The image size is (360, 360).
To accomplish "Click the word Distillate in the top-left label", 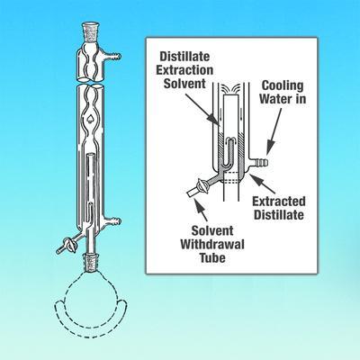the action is [184, 57].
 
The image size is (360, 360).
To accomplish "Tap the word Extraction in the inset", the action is [184, 70].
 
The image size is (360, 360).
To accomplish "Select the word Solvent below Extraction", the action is [184, 84].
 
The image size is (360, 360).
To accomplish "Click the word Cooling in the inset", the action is [283, 85].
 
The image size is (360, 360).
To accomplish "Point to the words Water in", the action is [283, 99].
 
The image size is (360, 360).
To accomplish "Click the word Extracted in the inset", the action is [279, 202].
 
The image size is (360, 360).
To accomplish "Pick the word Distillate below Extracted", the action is [279, 215].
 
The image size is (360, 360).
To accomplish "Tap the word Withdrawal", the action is [212, 245].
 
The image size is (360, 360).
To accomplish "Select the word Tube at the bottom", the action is [212, 257].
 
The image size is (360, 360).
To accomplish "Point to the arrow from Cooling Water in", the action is [274, 131].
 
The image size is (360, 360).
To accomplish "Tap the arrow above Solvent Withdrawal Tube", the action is [202, 210].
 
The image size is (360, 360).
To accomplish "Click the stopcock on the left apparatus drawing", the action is [72, 245].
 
